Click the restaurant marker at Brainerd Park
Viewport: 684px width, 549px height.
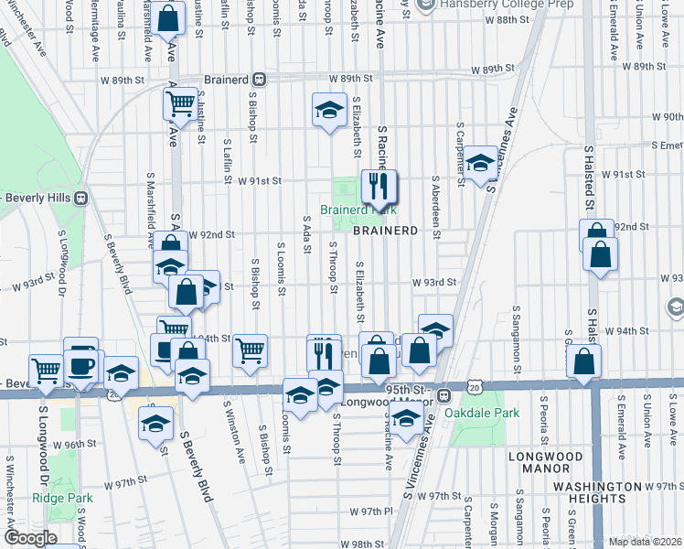click(376, 188)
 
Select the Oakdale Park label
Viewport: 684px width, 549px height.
click(482, 413)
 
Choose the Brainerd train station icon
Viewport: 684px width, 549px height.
click(260, 79)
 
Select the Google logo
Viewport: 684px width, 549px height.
click(30, 538)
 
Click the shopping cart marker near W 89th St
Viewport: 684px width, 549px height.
click(181, 102)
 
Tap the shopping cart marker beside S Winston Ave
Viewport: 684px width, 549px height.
click(249, 349)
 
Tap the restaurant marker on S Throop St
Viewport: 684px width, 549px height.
click(323, 350)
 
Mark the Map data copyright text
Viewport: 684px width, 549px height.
click(646, 542)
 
